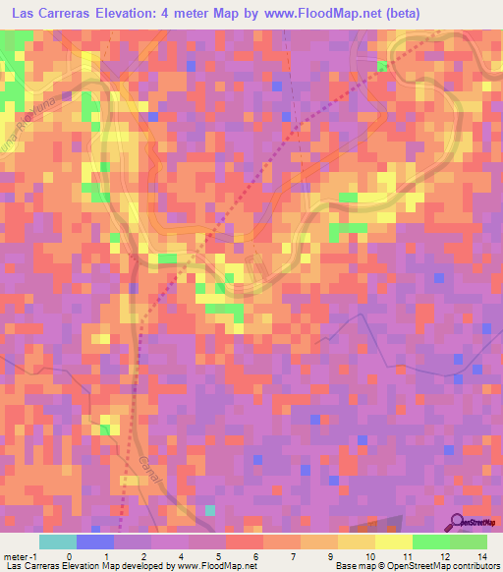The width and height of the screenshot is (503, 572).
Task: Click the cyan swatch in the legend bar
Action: [x=58, y=542]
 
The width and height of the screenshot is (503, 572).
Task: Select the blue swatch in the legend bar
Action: [x=95, y=542]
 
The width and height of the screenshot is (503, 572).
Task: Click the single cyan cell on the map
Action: [x=210, y=509]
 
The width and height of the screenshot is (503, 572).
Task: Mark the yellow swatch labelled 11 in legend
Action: [x=394, y=542]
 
